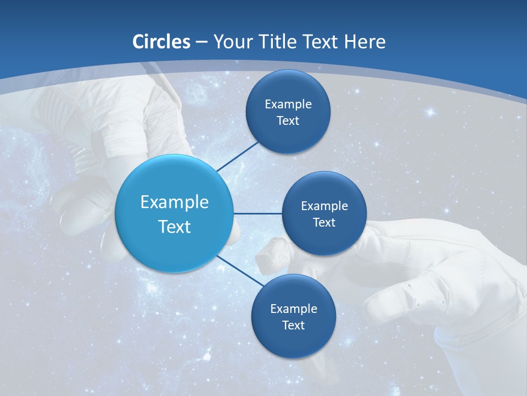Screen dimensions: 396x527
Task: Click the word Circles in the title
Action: coord(161,42)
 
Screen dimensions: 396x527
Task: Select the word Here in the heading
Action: coord(365,42)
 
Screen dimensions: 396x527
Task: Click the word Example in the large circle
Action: coord(174,202)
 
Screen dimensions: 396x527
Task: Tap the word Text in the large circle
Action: coord(174,227)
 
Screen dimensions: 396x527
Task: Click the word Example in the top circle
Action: coord(288,105)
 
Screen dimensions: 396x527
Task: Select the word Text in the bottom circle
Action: coord(293,326)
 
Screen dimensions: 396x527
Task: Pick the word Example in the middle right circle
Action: coord(324,206)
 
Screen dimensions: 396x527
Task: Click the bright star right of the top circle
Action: coord(430,112)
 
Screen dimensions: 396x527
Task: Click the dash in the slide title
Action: coord(201,42)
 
